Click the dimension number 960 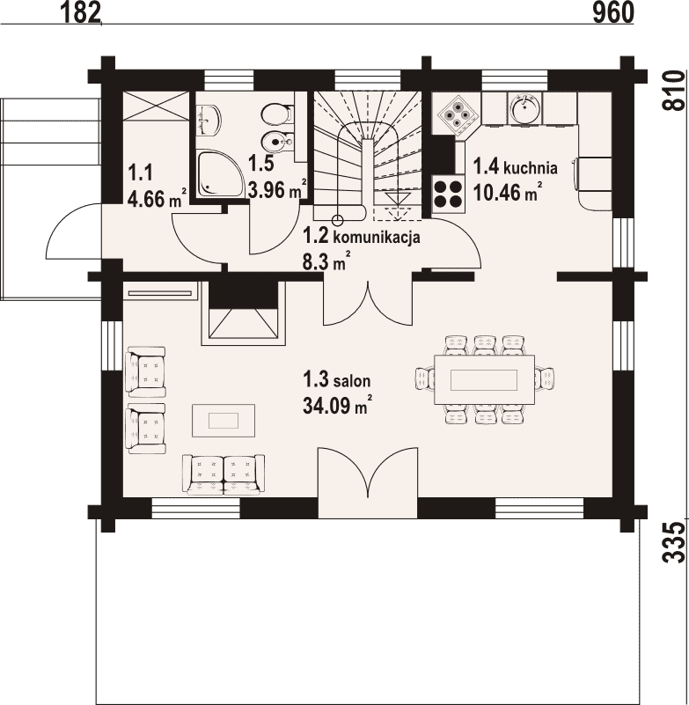click(613, 12)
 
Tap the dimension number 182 click(81, 12)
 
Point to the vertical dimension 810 click(675, 90)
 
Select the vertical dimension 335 click(675, 542)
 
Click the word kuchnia click(531, 168)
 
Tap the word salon click(352, 381)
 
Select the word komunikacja click(377, 237)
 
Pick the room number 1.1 click(140, 172)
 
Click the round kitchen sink click(525, 108)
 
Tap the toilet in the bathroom click(275, 114)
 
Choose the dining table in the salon click(484, 379)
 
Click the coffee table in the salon click(224, 421)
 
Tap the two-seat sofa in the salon click(224, 474)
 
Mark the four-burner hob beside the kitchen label click(448, 193)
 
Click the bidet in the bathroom click(275, 141)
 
